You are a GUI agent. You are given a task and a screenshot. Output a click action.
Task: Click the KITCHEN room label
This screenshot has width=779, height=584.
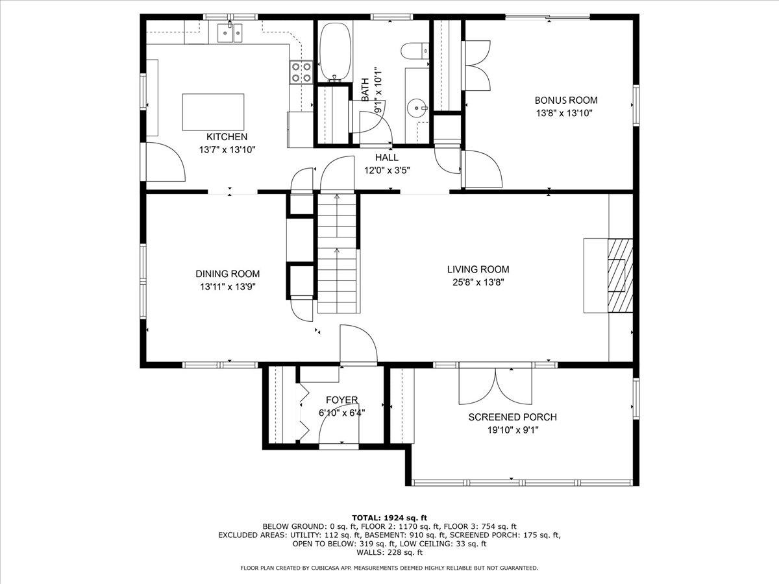point(227,137)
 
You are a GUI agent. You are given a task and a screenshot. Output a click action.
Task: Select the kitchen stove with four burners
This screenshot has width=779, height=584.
point(301,71)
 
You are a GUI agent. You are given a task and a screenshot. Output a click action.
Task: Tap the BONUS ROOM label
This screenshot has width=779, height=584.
point(566,100)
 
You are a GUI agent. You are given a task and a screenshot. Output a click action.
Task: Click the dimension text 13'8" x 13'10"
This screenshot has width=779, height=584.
point(564,113)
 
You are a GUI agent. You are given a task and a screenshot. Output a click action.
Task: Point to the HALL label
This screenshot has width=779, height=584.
point(387,158)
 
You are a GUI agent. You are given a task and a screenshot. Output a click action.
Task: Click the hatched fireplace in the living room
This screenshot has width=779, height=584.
point(619,276)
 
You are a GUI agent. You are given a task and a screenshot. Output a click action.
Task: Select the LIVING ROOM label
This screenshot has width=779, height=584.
point(478,269)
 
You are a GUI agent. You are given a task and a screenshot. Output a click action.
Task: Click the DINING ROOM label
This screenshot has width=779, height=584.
point(227,274)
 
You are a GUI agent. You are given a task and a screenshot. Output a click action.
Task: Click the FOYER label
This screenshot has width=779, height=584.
point(341,400)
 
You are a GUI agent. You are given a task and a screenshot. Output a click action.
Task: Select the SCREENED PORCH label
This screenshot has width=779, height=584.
point(512,417)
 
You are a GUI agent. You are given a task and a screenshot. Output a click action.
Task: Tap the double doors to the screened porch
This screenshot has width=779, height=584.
point(495,387)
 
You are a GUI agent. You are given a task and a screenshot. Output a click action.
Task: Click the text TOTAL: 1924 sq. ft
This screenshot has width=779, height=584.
point(389,517)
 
